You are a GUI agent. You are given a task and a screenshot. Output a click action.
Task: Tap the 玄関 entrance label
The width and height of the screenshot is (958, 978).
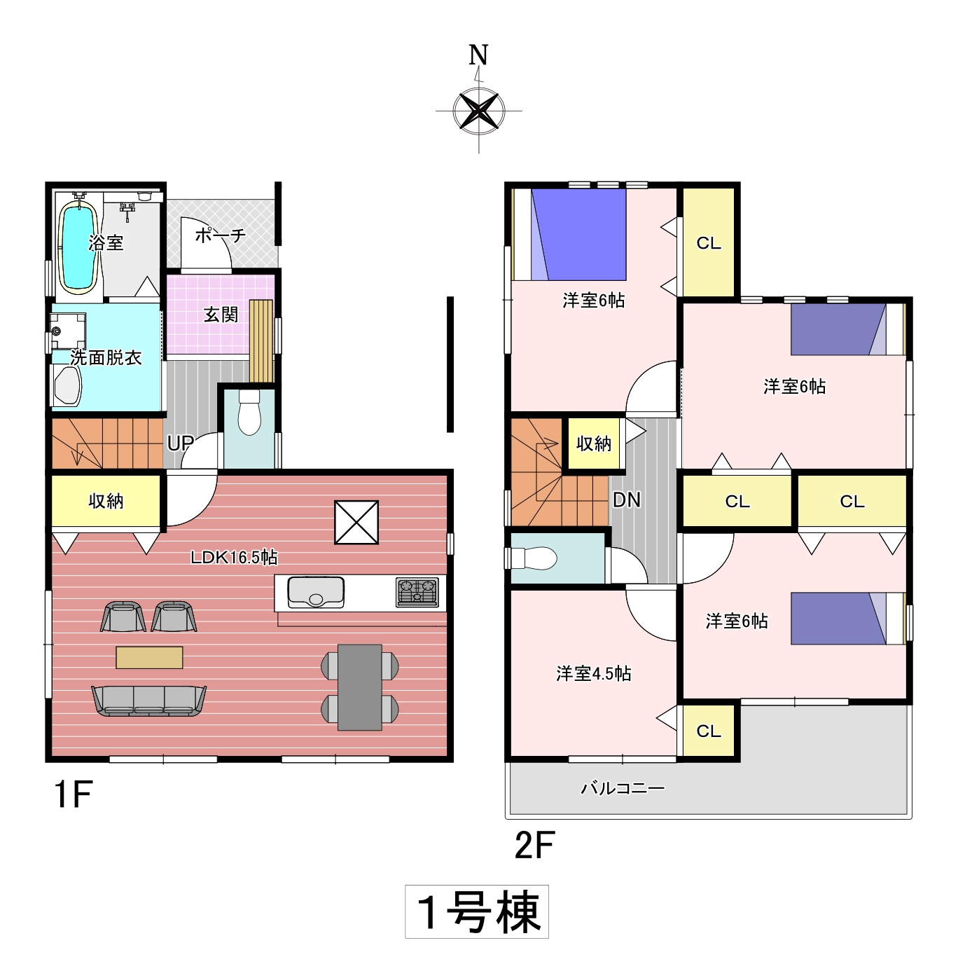221,315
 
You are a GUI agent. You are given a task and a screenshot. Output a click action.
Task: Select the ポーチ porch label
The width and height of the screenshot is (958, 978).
220,235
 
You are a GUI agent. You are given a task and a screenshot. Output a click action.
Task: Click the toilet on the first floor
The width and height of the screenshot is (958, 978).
249,412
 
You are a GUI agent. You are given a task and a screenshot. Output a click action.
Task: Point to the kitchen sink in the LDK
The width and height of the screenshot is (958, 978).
316,592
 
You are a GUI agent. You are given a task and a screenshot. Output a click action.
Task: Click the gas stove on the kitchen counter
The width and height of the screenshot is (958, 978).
417,593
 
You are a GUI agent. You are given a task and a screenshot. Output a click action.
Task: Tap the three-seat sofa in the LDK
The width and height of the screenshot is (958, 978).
149,701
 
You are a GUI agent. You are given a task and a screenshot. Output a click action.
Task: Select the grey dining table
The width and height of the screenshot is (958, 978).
360,687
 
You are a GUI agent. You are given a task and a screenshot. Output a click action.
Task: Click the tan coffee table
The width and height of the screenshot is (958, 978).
149,657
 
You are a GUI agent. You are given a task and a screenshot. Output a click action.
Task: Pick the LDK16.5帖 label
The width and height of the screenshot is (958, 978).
234,557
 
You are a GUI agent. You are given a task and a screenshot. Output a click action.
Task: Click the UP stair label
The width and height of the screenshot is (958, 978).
180,443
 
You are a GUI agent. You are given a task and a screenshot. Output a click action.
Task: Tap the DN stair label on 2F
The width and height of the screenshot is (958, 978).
627,500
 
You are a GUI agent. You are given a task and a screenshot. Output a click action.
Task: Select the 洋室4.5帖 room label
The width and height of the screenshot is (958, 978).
594,673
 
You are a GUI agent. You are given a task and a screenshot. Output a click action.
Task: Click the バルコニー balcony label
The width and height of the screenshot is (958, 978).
623,788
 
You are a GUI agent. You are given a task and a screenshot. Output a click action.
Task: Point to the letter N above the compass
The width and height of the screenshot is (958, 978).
478,55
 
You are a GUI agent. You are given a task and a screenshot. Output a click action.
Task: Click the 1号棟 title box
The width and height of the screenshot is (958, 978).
477,911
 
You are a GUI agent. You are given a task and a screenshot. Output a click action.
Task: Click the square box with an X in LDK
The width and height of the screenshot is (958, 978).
356,522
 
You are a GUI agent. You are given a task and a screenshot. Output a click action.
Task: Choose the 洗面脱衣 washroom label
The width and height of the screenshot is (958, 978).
106,358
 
